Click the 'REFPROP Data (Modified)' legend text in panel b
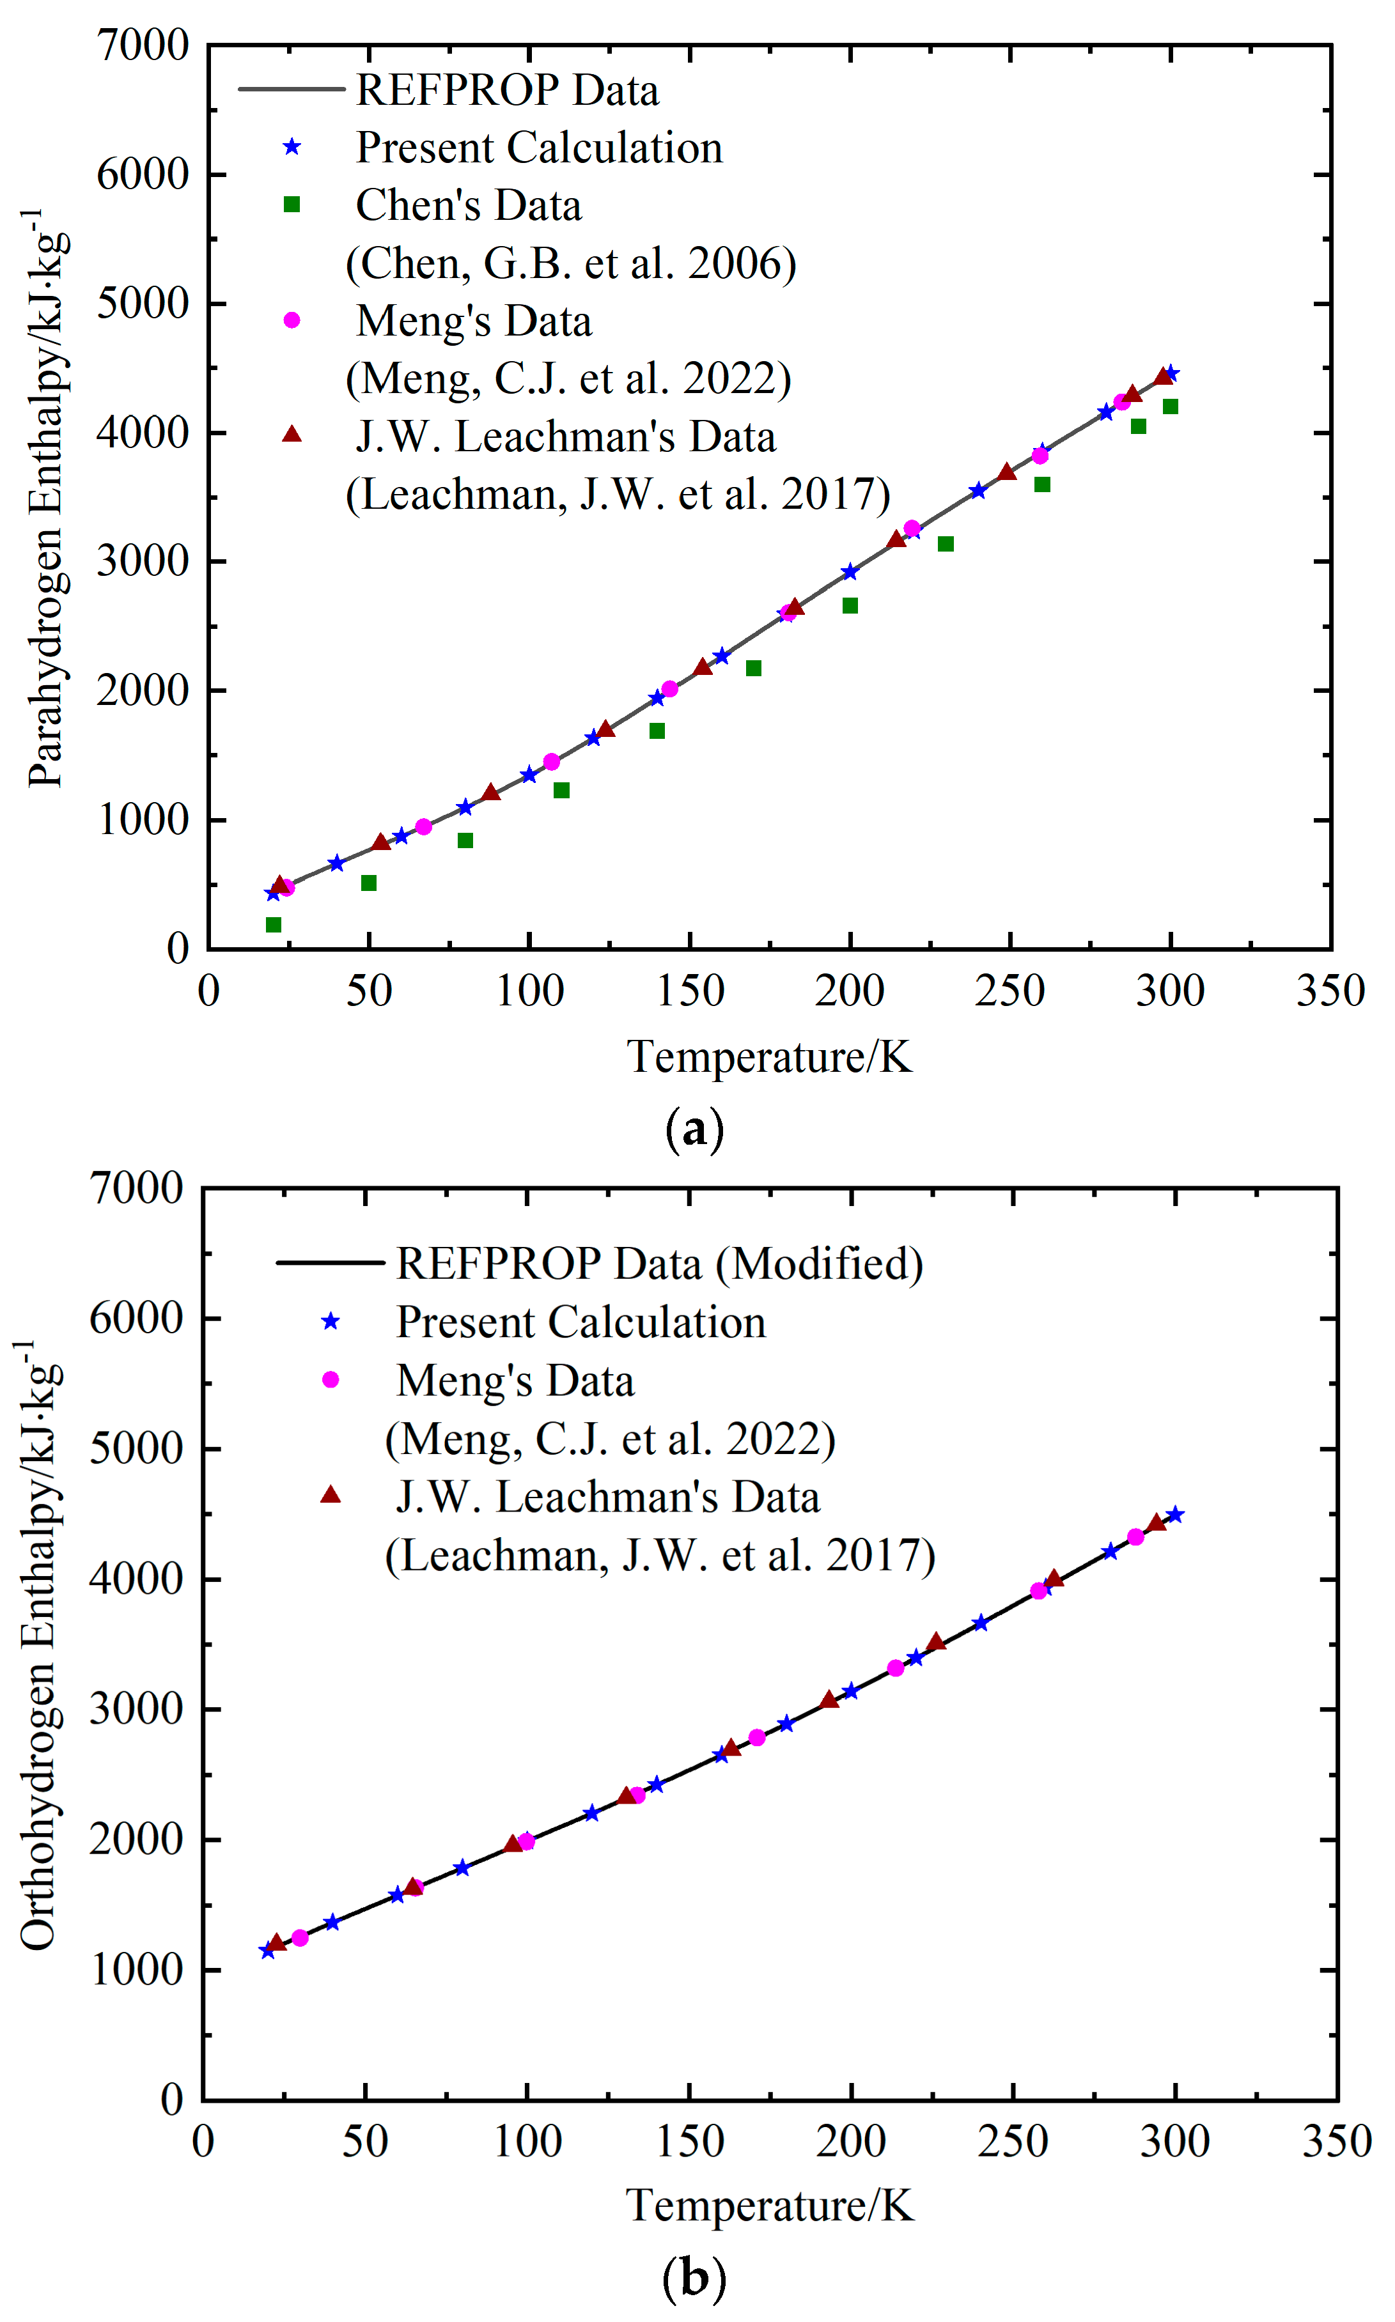(x=659, y=1264)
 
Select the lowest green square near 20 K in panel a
(x=274, y=925)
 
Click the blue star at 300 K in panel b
(x=1174, y=1515)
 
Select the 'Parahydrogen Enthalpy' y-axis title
(x=45, y=498)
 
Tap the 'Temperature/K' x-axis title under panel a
(x=769, y=1057)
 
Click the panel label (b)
(x=695, y=2278)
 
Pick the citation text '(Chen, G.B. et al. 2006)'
(x=571, y=264)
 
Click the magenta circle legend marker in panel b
(x=330, y=1379)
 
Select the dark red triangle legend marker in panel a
(x=292, y=434)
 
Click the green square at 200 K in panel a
(x=850, y=606)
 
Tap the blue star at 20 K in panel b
(x=268, y=1951)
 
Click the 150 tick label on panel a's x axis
(x=689, y=991)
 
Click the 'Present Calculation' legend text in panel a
(x=539, y=148)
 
